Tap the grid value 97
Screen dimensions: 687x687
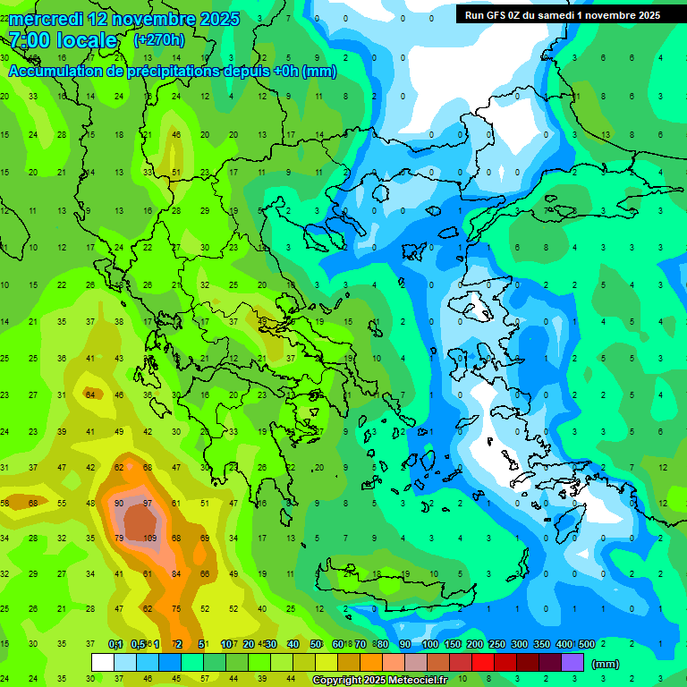(148, 503)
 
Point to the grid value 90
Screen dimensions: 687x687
(119, 503)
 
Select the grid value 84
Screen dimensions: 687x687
(176, 573)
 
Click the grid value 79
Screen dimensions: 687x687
(119, 539)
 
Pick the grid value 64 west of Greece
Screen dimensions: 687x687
(89, 394)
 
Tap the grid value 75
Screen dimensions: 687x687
(176, 608)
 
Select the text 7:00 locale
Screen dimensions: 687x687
(63, 40)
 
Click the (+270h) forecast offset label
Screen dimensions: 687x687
(159, 40)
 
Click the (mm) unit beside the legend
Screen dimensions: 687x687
(606, 665)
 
